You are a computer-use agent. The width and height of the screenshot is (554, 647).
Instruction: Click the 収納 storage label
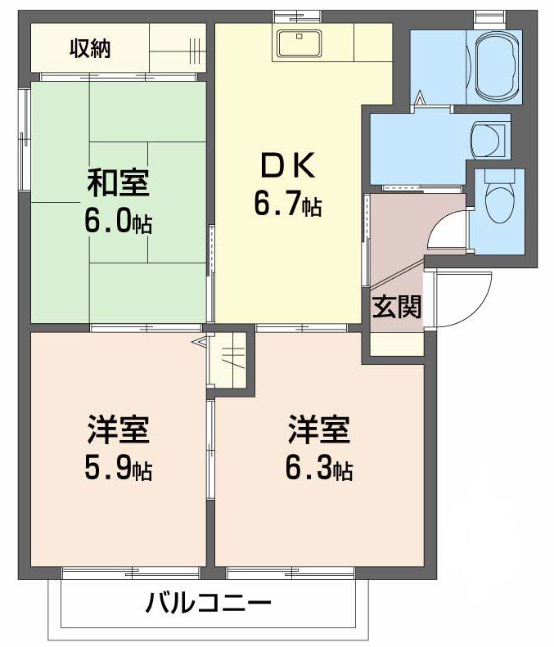pos(90,49)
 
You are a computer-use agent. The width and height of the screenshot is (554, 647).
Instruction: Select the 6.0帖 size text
pos(119,222)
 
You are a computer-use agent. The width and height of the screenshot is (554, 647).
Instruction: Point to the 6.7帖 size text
pos(287,204)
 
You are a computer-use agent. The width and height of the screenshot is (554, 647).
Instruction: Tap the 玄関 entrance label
pos(397,307)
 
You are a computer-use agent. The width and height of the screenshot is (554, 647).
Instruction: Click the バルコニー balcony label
pos(209,606)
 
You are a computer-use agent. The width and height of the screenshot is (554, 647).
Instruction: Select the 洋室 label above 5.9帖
pos(119,429)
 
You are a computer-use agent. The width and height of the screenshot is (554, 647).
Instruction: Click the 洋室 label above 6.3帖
pos(319,429)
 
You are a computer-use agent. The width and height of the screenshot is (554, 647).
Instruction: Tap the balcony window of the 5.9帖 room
pos(131,573)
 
